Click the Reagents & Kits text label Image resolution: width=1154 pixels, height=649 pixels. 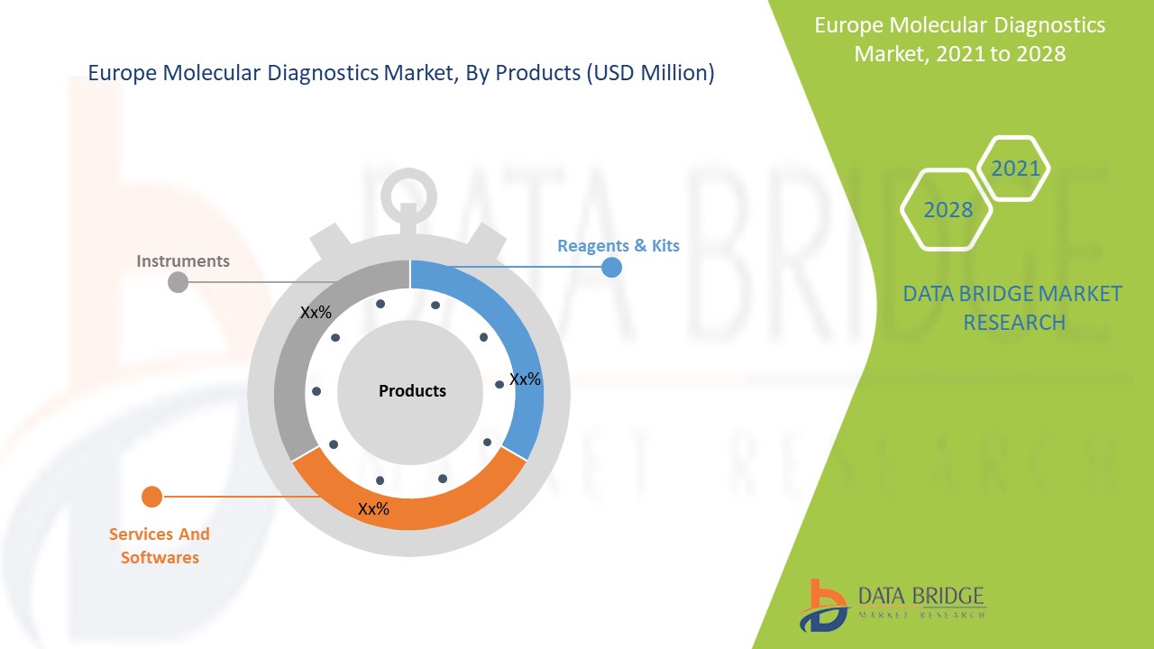(618, 245)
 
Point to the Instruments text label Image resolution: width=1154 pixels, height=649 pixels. (183, 261)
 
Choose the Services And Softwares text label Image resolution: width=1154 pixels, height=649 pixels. (160, 545)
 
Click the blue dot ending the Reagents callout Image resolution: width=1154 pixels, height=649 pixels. (611, 267)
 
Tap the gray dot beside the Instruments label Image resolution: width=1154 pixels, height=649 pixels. (179, 282)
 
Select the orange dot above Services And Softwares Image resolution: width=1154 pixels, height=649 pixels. (152, 497)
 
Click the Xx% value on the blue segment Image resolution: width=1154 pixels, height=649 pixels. (525, 379)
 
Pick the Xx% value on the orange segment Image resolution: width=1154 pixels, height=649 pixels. (373, 509)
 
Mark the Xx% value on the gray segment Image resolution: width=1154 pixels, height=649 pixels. (316, 313)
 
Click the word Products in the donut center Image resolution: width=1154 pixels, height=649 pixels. (412, 391)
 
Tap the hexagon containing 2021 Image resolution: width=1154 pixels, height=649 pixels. (1014, 169)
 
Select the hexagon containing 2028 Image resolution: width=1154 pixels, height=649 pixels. (948, 210)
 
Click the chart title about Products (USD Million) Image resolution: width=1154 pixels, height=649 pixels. (400, 74)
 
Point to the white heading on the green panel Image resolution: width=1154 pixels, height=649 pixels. (959, 40)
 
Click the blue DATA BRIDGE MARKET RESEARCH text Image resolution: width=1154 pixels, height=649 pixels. (1012, 307)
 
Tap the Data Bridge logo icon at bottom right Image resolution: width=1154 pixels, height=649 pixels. (822, 604)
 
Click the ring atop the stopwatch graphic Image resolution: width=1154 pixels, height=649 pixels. (408, 192)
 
